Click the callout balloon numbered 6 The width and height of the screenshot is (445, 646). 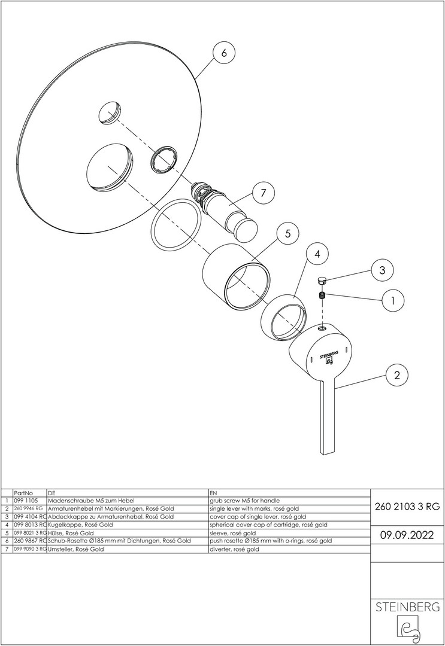[x=224, y=53]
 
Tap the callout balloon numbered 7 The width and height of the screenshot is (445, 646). [x=264, y=193]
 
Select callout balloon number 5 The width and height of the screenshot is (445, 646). [x=288, y=234]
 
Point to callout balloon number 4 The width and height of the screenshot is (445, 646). [x=317, y=254]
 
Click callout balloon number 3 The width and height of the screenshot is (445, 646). [x=382, y=270]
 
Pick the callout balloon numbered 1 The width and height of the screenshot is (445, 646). [x=392, y=301]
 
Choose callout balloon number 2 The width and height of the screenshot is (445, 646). [x=396, y=375]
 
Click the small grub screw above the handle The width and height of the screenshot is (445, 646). [x=323, y=295]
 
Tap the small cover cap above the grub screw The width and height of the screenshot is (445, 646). [x=322, y=281]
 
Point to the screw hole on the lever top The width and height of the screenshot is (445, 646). [x=322, y=328]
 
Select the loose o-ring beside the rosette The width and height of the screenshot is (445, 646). [x=175, y=224]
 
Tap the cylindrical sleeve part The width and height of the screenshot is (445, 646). [x=237, y=276]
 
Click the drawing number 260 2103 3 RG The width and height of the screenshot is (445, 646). [x=407, y=507]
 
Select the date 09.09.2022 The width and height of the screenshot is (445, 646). [x=407, y=535]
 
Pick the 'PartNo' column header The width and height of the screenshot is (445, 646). [x=23, y=493]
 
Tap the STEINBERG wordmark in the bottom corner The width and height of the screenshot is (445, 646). [x=407, y=607]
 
